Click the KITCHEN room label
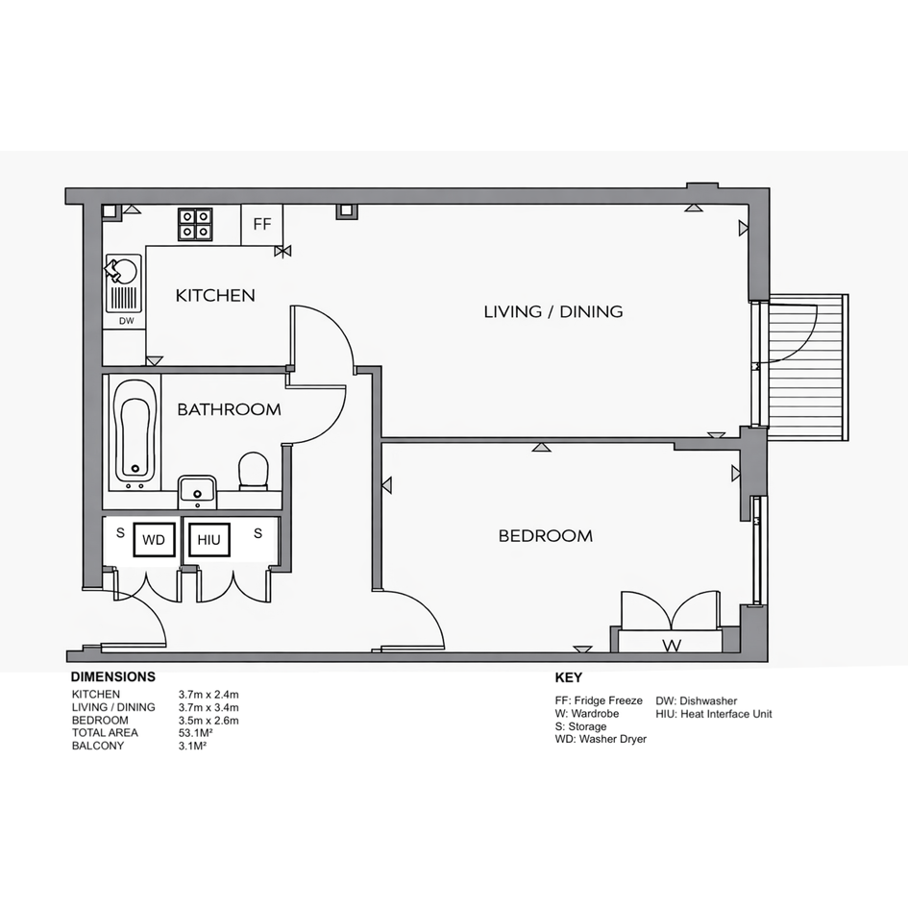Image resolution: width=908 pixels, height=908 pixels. coord(215,295)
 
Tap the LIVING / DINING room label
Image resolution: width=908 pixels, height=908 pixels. coord(553,311)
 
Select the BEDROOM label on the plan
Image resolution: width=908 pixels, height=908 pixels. coord(546,535)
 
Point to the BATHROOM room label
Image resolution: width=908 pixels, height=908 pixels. coord(230,409)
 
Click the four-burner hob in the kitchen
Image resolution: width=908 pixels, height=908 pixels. coord(195,224)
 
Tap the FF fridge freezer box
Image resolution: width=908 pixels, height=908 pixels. coord(261,224)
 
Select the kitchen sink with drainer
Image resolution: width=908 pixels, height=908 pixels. coord(123,282)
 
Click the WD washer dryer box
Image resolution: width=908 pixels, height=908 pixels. coord(154,540)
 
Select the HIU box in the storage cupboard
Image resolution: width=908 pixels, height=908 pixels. coord(209,540)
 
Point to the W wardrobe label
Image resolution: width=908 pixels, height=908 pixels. coord(672,645)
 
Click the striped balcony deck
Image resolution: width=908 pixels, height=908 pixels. coord(808,367)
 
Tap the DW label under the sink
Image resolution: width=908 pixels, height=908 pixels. coord(126,321)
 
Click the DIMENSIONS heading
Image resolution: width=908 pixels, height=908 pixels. coord(113,677)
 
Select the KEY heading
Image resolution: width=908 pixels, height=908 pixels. coord(569,677)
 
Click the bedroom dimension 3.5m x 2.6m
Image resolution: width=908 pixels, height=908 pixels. coord(209,721)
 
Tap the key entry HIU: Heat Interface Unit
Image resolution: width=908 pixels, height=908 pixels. coord(713,714)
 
